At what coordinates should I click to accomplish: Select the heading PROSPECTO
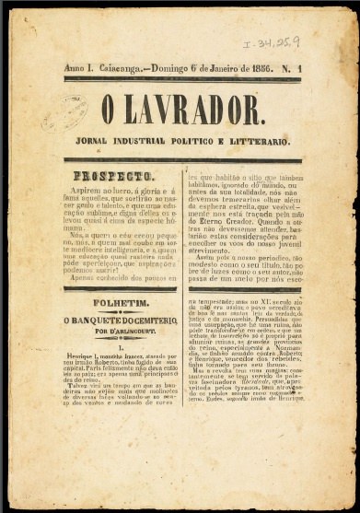114,175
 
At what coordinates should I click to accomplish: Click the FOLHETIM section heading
113,301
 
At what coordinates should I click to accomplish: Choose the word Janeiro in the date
232,69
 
